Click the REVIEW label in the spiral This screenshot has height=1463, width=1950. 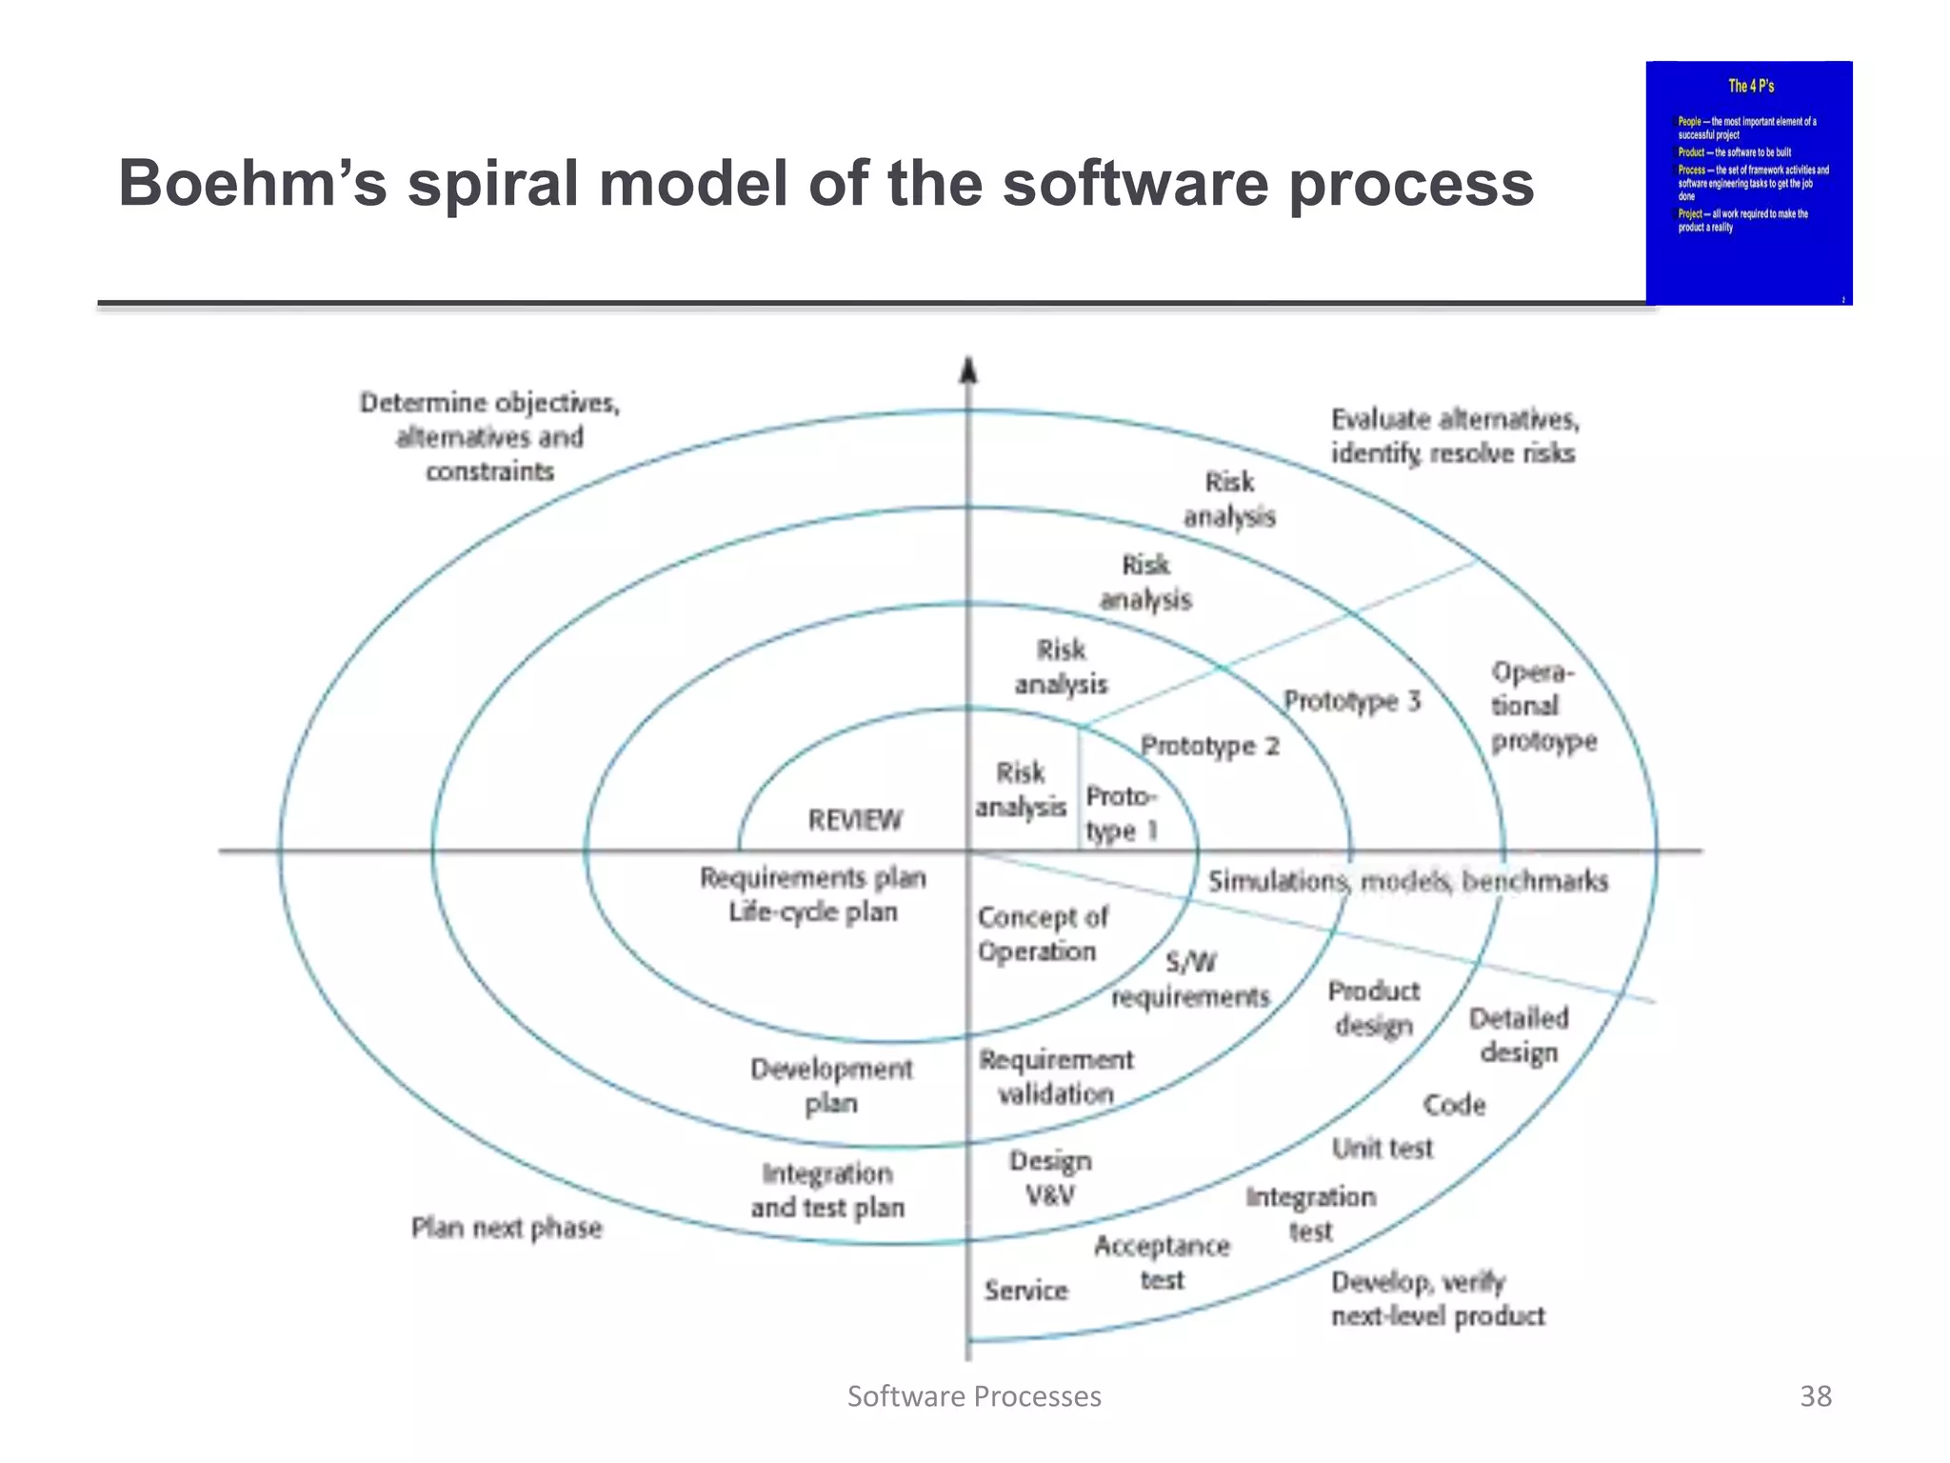coord(854,819)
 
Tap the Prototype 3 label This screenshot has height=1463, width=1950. coord(1352,701)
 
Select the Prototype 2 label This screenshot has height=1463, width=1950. coord(1210,745)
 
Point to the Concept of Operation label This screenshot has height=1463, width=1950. coord(1042,933)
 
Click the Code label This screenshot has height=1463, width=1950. coord(1454,1104)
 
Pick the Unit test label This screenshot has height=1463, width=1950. coord(1382,1148)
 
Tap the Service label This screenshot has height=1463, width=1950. coord(1025,1290)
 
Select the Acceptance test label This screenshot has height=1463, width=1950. coord(1162,1262)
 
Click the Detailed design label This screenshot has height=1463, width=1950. coord(1519,1035)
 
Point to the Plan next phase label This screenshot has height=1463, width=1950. coord(507,1227)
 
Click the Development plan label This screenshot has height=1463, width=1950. coord(831,1086)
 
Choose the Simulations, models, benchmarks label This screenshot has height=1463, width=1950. coord(1408,881)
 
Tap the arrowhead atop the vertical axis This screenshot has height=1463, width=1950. coord(968,370)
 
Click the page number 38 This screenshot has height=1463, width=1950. coord(1815,1395)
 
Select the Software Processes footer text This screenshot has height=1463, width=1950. coord(974,1395)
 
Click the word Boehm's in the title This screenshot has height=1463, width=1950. coord(253,183)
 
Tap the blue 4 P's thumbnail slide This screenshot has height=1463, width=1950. coord(1749,183)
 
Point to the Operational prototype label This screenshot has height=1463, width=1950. coord(1542,706)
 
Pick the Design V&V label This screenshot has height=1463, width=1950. coord(1050,1177)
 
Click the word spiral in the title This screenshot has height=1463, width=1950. coord(494,183)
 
